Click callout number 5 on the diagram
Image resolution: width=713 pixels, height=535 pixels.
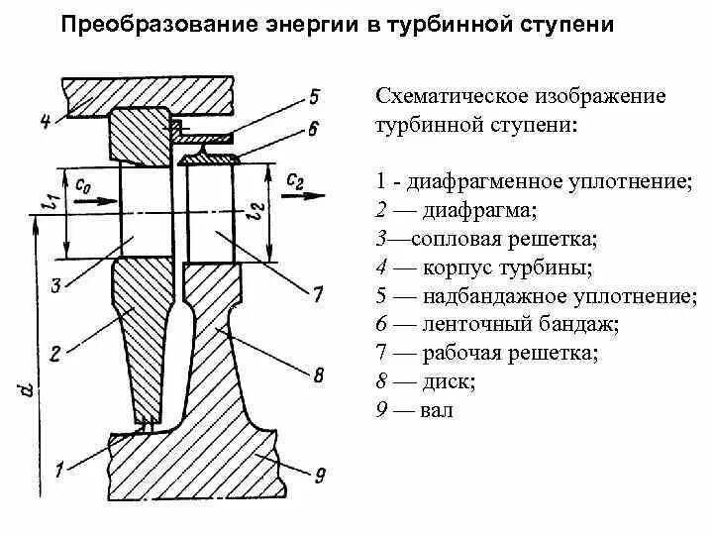pyautogui.click(x=314, y=96)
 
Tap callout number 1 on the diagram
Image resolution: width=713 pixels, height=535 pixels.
pyautogui.click(x=60, y=470)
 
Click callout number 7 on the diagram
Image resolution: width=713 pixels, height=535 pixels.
pyautogui.click(x=317, y=294)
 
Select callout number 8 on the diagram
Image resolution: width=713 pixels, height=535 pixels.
pyautogui.click(x=318, y=375)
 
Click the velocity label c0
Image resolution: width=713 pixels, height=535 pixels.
pyautogui.click(x=82, y=182)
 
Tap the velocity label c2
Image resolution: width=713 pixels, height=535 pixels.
pyautogui.click(x=294, y=179)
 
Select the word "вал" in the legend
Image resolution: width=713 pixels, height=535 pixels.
pyautogui.click(x=437, y=409)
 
